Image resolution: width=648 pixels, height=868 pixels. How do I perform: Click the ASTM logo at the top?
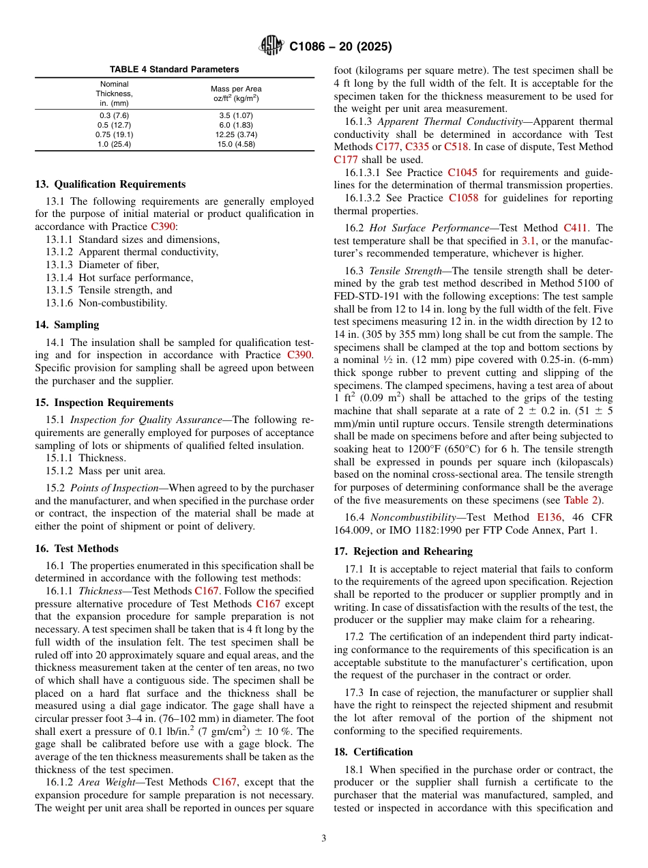pos(272,46)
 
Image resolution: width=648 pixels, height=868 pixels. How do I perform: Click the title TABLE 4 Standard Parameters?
pos(175,70)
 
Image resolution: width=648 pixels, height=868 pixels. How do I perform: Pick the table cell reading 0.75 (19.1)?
pos(115,134)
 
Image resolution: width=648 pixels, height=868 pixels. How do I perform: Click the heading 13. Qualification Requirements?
pos(110,184)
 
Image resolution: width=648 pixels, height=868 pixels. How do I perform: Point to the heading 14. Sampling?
pos(67,325)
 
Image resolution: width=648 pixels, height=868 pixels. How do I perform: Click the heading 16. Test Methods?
pos(76,549)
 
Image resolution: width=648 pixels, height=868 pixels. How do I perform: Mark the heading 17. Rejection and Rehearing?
pos(403,551)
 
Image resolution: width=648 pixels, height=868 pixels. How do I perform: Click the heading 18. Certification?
pos(373,752)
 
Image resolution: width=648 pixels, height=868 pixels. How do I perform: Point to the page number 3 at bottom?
pos(324,839)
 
